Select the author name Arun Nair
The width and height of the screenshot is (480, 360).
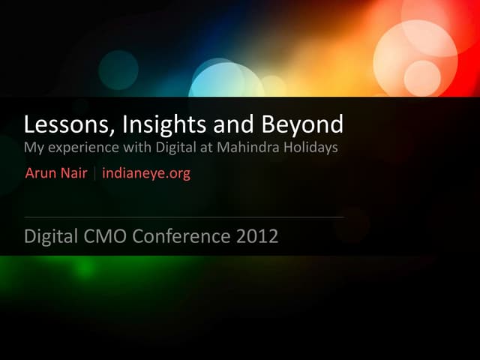(56, 174)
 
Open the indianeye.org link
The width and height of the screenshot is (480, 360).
(146, 174)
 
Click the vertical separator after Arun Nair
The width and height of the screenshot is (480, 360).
(95, 174)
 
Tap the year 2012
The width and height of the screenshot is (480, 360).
(257, 237)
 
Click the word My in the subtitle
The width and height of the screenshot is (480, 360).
(33, 148)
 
